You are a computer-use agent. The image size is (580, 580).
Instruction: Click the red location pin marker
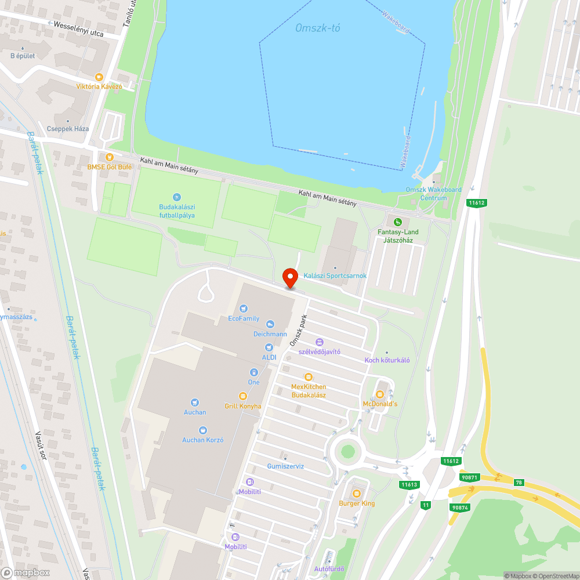(x=289, y=277)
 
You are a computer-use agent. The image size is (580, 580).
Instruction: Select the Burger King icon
(x=356, y=494)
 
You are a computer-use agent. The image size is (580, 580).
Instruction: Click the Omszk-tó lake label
(x=318, y=28)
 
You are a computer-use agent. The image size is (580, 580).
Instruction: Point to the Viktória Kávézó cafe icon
(x=99, y=77)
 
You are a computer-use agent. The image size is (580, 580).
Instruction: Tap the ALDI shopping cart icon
(x=269, y=347)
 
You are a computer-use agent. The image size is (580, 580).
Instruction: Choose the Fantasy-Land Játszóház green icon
(x=397, y=222)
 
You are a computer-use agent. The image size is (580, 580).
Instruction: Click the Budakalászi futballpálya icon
(x=177, y=198)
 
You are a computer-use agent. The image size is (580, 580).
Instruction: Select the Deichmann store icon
(x=270, y=325)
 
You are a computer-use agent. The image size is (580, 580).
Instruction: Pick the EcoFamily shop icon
(x=244, y=309)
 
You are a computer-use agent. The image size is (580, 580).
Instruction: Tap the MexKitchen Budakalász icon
(x=308, y=377)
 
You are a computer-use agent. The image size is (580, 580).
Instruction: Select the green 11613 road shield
(x=409, y=484)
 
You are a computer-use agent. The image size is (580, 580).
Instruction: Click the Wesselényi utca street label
(x=78, y=30)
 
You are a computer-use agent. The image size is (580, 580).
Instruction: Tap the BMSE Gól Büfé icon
(x=109, y=157)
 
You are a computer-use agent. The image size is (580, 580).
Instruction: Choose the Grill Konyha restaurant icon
(x=242, y=396)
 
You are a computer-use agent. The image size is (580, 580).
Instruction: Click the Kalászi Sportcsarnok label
(x=335, y=275)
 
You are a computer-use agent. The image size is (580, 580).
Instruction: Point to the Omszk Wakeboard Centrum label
(x=434, y=194)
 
